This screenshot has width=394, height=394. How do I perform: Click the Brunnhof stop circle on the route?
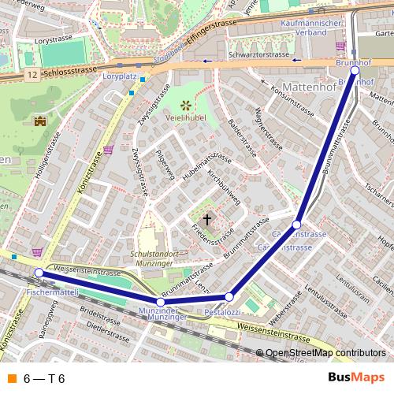355,70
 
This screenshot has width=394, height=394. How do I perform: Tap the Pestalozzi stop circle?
229,296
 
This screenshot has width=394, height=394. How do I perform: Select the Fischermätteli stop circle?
39,273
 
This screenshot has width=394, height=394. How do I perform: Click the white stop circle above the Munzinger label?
161,302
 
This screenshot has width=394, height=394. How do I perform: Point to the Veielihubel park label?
186,118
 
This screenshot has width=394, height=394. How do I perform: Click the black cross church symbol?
208,219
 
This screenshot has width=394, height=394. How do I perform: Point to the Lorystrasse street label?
53,38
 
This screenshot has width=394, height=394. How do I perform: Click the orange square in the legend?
10,378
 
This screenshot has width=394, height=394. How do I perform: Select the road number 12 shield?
30,72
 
